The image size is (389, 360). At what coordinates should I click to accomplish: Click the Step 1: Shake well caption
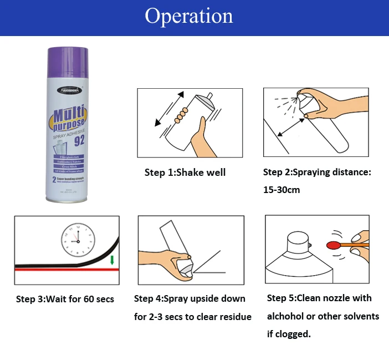tap(185, 173)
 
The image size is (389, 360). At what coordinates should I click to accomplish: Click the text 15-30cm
tap(281, 190)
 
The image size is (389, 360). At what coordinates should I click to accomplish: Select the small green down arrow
tap(112, 259)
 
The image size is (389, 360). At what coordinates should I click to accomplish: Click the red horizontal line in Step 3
tap(61, 269)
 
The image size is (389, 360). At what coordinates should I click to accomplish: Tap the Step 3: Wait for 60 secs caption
tap(65, 300)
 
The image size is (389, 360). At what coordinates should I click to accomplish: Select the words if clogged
tap(289, 334)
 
